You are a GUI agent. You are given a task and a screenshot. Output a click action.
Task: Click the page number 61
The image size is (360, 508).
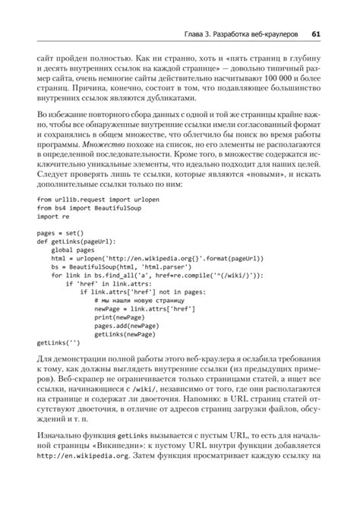tap(316, 33)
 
